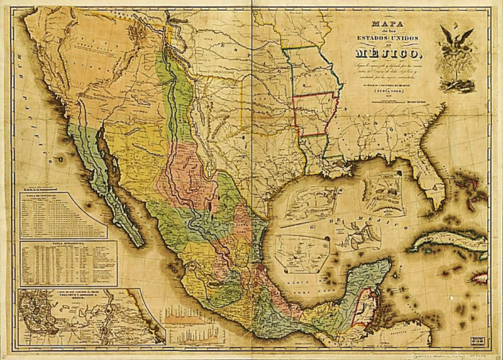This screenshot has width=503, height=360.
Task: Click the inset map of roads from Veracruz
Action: pyautogui.click(x=85, y=315)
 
